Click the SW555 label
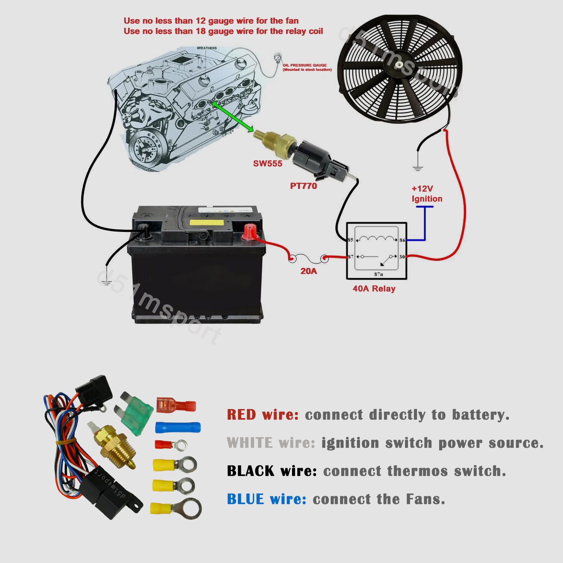[x=267, y=164]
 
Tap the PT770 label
[x=303, y=186]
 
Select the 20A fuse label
[x=309, y=271]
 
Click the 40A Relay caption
[x=374, y=289]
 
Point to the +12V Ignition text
[x=426, y=194]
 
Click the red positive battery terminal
[x=250, y=231]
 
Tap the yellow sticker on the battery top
[x=206, y=223]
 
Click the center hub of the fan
[x=399, y=65]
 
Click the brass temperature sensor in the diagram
[x=273, y=142]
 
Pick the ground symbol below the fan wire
[x=418, y=167]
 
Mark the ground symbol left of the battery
[x=107, y=281]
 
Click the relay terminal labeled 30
[x=402, y=257]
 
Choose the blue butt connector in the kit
[x=178, y=427]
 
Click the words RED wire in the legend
[x=263, y=415]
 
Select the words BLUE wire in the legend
[x=266, y=499]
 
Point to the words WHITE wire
[x=271, y=443]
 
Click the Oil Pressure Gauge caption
[x=307, y=67]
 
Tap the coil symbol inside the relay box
[x=376, y=239]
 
